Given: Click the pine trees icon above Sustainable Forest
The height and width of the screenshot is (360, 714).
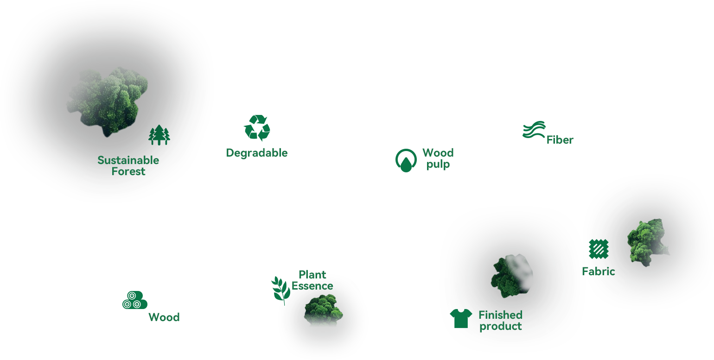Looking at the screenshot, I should (x=159, y=135).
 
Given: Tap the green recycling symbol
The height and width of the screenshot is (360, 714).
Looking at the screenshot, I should (x=257, y=127).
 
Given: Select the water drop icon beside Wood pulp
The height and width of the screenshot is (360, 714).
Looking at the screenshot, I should (x=406, y=161).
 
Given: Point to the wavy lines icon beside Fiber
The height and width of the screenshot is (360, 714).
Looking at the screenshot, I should (x=534, y=130).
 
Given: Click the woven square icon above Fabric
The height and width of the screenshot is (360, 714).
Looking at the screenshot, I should (x=599, y=249).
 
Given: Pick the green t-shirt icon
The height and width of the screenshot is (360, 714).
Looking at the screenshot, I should (x=461, y=318).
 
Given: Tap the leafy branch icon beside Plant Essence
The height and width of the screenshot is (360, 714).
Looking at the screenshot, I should (x=280, y=290).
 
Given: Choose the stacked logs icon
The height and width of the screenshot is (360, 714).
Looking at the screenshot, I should (x=134, y=300).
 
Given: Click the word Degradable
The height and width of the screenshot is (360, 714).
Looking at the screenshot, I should (x=257, y=153).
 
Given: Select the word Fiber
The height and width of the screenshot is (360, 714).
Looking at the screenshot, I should (x=560, y=140).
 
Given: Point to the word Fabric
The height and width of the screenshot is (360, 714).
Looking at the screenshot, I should (x=599, y=272).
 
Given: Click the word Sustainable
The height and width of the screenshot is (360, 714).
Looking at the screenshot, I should (x=128, y=160).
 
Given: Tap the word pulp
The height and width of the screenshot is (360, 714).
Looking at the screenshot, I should (x=438, y=164).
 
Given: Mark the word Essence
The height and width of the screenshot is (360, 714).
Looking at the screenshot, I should (x=312, y=286).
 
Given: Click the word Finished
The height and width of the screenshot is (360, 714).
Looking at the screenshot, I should (x=500, y=315).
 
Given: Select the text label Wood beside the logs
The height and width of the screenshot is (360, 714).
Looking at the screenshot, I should (x=164, y=317).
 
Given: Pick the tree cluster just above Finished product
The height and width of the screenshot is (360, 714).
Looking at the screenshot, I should (x=511, y=274).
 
